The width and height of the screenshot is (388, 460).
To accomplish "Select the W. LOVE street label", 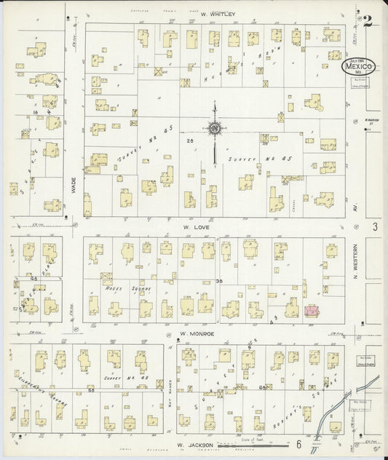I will point(194,226).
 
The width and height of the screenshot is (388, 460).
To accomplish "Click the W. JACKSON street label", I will point(194,443).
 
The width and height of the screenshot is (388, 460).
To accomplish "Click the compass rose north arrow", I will point(215,128).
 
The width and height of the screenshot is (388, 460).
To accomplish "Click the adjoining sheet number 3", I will point(375,227).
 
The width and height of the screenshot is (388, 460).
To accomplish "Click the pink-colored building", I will point(312,311).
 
